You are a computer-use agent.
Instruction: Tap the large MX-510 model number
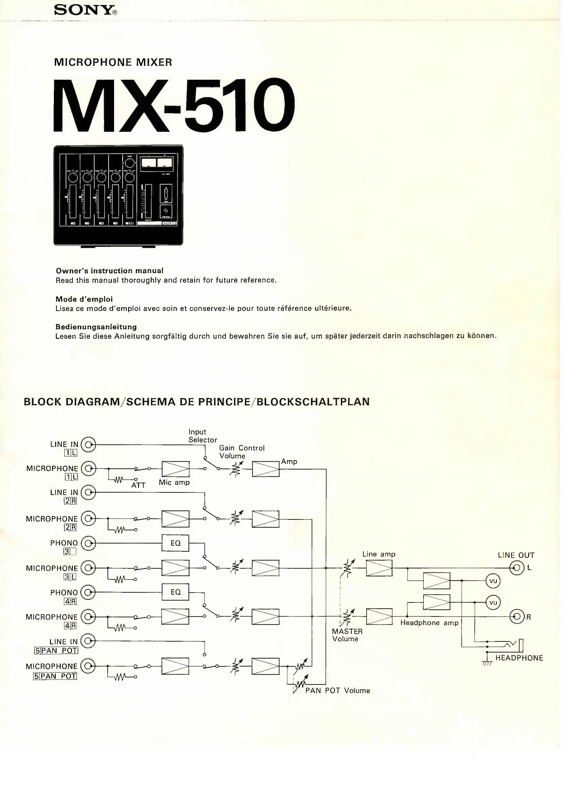174,106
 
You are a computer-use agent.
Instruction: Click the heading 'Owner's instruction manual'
109,271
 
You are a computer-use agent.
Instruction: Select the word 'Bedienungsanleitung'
96,327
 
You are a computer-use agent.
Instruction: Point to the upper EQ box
175,543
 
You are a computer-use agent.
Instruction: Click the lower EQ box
175,592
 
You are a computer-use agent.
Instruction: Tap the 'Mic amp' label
174,482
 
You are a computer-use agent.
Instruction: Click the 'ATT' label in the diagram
139,485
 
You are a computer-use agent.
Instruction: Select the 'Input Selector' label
202,436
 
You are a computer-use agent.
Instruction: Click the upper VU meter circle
493,581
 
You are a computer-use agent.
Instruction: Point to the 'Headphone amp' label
429,623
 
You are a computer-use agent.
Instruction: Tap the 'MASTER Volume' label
347,635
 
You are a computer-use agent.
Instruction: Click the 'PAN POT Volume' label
337,690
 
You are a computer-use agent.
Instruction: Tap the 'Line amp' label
378,554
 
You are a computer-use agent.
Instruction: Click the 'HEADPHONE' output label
519,658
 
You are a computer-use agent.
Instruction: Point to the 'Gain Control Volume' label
241,452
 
